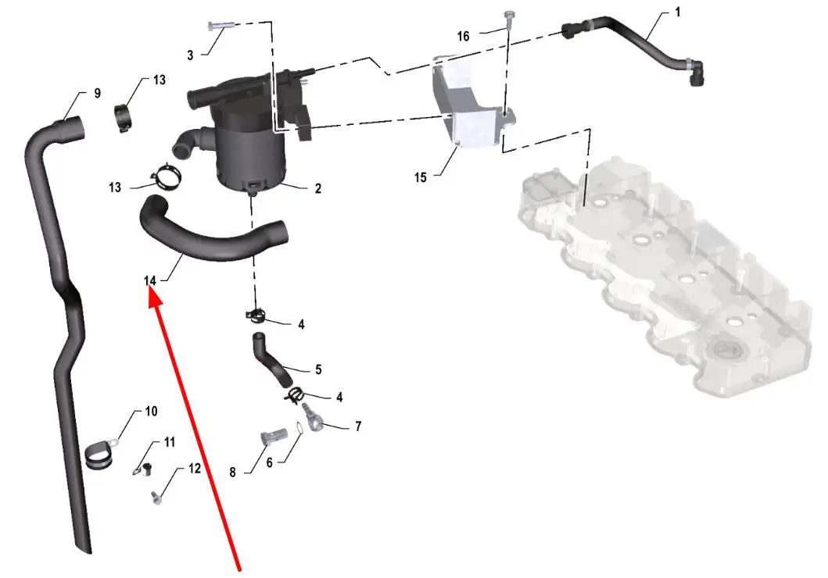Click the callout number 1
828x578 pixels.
coord(678,12)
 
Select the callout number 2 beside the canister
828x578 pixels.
coord(318,188)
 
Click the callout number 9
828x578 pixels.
coord(97,94)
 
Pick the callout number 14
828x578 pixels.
coord(150,280)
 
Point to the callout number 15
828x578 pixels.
coord(421,177)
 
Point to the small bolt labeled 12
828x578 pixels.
coord(156,498)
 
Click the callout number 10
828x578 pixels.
coord(151,412)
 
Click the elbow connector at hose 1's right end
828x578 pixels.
coord(694,72)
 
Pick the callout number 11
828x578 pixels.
coord(170,442)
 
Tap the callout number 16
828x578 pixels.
coord(463,37)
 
